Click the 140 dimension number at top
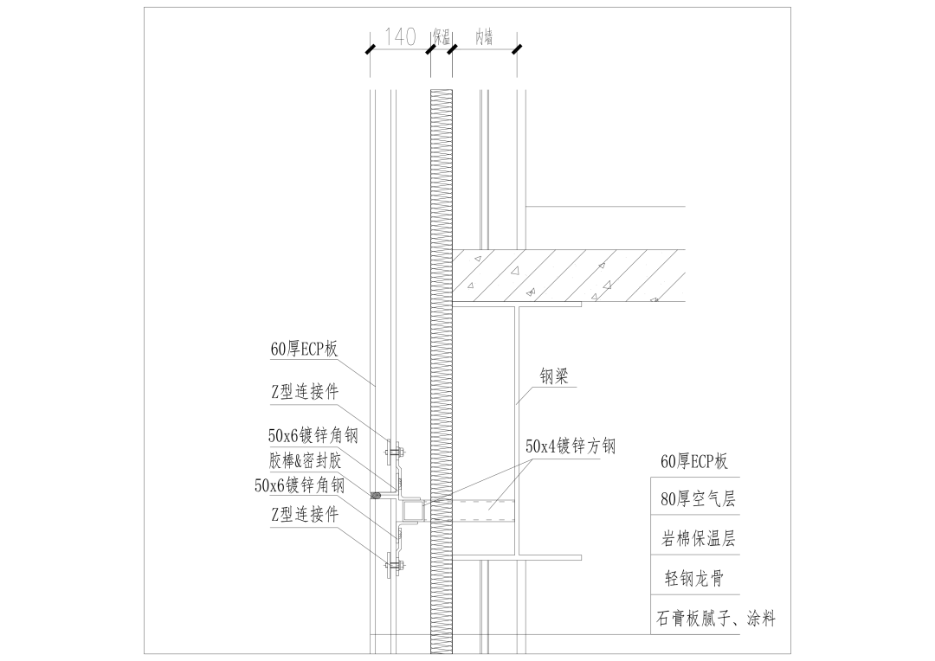pyautogui.click(x=399, y=36)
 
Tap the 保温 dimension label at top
pyautogui.click(x=442, y=37)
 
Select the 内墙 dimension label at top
pyautogui.click(x=484, y=37)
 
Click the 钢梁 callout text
pyautogui.click(x=554, y=376)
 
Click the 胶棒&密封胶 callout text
pyautogui.click(x=305, y=460)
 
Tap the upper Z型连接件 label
pyautogui.click(x=304, y=392)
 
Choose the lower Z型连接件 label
pyautogui.click(x=304, y=515)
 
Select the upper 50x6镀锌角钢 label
pyautogui.click(x=313, y=436)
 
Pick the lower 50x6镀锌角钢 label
pyautogui.click(x=300, y=485)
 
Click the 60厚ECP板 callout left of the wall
pyautogui.click(x=303, y=350)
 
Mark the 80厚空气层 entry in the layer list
pyautogui.click(x=697, y=499)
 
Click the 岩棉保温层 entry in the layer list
pyautogui.click(x=697, y=539)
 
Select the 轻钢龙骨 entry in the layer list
pyautogui.click(x=697, y=578)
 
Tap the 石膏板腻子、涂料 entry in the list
pyautogui.click(x=715, y=619)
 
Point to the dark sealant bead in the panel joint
pyautogui.click(x=377, y=496)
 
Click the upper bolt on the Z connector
pyautogui.click(x=394, y=451)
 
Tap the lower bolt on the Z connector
pyautogui.click(x=394, y=568)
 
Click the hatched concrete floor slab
pyautogui.click(x=563, y=276)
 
